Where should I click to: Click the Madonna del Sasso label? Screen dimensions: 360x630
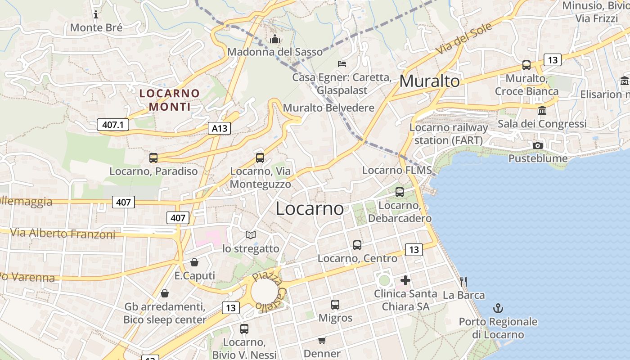[x=275, y=52]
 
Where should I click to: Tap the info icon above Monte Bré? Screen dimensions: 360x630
[x=95, y=14]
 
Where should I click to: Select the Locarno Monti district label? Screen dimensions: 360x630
[x=170, y=100]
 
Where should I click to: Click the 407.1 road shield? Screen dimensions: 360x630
[x=113, y=125]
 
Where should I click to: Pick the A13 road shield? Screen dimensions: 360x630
[x=220, y=128]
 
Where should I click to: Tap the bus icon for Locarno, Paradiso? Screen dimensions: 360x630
[x=153, y=158]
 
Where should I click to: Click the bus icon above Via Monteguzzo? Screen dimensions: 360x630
[x=260, y=158]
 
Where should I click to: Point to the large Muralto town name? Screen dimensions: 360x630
[x=429, y=81]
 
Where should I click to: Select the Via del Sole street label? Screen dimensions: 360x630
[x=464, y=40]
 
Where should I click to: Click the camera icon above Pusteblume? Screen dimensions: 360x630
[x=537, y=145]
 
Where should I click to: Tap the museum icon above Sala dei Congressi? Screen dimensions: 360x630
[x=542, y=110]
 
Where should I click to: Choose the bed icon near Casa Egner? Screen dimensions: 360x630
[x=342, y=63]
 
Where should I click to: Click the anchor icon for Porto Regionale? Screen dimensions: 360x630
[x=498, y=308]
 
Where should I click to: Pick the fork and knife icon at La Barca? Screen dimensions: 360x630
[x=463, y=282]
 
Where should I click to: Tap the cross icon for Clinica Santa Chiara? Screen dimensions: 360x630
[x=405, y=280]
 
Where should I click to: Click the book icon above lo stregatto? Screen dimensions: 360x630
[x=251, y=235]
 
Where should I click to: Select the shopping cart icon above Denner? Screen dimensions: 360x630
[x=322, y=340]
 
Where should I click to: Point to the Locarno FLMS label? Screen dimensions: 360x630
[x=397, y=170]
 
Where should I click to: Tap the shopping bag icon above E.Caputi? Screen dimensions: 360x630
[x=194, y=262]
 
